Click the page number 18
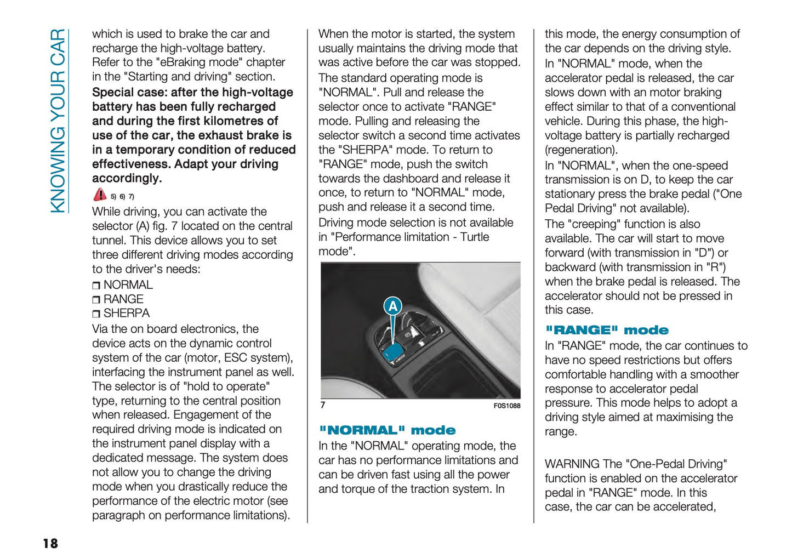[x=50, y=543]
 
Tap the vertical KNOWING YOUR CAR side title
[x=58, y=121]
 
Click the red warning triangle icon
[x=100, y=195]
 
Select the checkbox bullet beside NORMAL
[x=96, y=286]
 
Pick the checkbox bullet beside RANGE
[x=96, y=300]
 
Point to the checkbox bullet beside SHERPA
[x=96, y=314]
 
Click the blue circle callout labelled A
[x=392, y=306]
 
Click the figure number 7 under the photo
[x=323, y=405]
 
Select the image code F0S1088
[x=506, y=406]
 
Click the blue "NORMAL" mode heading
[x=387, y=430]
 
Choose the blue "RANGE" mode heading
[x=606, y=330]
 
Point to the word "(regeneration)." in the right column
[x=581, y=150]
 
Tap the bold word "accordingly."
[x=127, y=178]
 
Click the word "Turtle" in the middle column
[x=475, y=237]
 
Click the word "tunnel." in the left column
[x=109, y=240]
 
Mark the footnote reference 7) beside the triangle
[x=131, y=197]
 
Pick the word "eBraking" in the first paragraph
[x=182, y=62]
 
